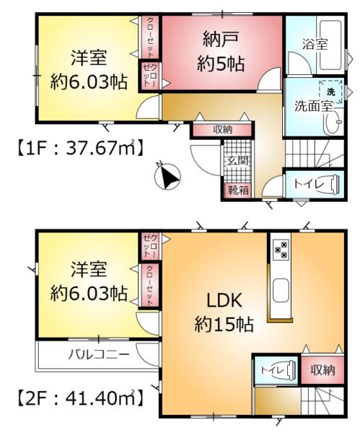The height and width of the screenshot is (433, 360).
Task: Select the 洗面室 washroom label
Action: pos(312,106)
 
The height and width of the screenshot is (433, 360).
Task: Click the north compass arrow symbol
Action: pos(168,175)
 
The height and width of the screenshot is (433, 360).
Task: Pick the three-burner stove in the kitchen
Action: pos(280,250)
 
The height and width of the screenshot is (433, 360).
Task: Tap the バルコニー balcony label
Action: pos(99,355)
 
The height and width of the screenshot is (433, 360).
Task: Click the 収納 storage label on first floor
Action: pos(221,130)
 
